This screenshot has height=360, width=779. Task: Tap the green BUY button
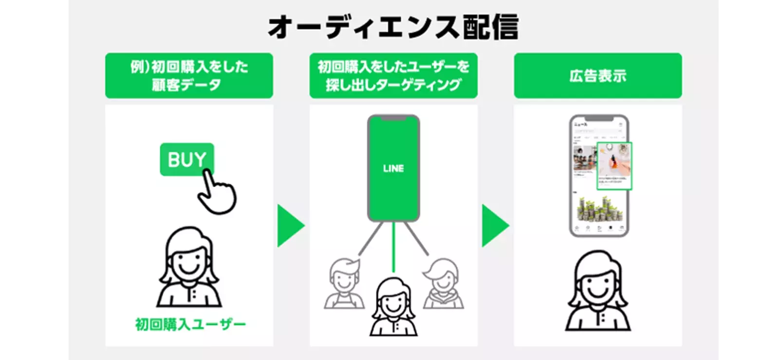coord(186,159)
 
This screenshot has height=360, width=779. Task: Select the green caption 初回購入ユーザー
coord(190,324)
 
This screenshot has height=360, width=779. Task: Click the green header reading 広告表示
coord(598,76)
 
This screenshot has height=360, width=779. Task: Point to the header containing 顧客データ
coord(189,76)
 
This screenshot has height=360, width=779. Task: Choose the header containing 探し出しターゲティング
coord(393,76)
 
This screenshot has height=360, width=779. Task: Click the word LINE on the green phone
coord(393,169)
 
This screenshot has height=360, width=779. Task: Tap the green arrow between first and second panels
coord(290,226)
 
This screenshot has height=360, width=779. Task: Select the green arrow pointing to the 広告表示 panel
coord(495,226)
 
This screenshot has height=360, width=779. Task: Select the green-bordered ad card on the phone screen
coord(614,166)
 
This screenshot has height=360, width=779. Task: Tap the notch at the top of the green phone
coord(393,118)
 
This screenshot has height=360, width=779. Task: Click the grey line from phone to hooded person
coord(416,239)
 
